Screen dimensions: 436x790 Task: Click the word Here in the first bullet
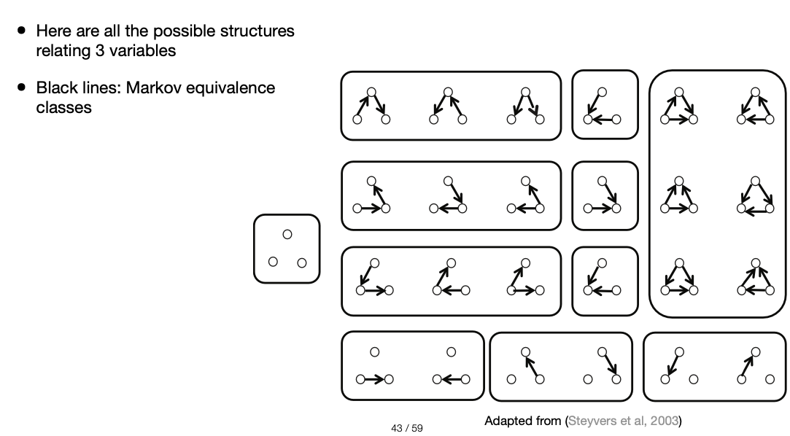[53, 31]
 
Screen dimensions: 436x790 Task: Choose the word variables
[143, 52]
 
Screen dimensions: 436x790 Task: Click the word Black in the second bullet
[55, 88]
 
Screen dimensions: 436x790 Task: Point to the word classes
[63, 108]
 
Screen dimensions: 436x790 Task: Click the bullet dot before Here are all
[22, 31]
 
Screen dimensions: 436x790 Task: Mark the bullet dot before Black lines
[22, 88]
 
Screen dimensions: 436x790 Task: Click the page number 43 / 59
[407, 428]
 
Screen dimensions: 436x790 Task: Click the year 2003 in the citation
[666, 421]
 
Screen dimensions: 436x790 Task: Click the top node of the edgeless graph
[287, 234]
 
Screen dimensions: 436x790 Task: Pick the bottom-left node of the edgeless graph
[273, 262]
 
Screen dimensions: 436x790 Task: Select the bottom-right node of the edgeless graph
[302, 262]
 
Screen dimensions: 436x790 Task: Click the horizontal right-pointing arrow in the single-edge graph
[373, 379]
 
